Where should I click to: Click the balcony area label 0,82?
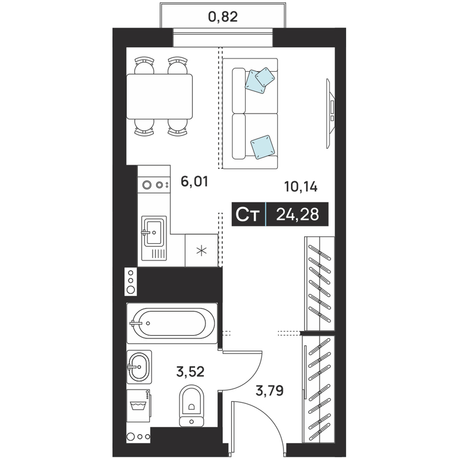point(223,17)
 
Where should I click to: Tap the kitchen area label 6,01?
point(195,181)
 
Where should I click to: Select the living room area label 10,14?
point(301,187)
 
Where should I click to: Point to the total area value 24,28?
point(297,214)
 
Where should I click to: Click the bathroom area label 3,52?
point(190,372)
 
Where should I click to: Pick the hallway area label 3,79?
point(270,391)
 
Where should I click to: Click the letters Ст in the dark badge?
point(248,215)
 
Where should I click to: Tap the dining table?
point(160,96)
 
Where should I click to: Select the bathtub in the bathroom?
point(172,323)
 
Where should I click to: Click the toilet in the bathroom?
point(192,406)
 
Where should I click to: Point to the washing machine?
point(139,406)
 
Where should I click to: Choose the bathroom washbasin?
point(139,367)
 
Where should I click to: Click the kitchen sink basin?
point(154,232)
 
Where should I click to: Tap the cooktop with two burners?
point(154,185)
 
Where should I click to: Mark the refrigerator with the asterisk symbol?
point(201,250)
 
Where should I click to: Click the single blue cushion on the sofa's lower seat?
point(263,147)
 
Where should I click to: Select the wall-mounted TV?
point(331,113)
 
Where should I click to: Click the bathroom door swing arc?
point(251,378)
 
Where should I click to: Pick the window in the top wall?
point(223,37)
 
